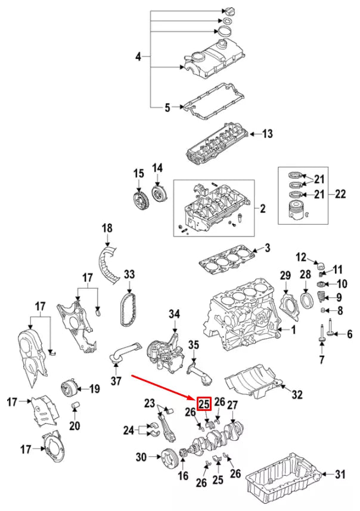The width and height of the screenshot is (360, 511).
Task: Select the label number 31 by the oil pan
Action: pos(340,474)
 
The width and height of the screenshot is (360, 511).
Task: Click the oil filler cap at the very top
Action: pos(229,12)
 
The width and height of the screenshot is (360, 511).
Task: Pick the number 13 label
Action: pos(267,134)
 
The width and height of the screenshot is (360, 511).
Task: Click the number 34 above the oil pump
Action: pos(174,313)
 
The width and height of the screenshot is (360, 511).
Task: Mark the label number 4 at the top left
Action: pos(138,57)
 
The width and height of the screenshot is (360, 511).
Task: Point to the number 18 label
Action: pos(107,228)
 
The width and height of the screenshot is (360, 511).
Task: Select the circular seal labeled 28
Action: pos(305,299)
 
